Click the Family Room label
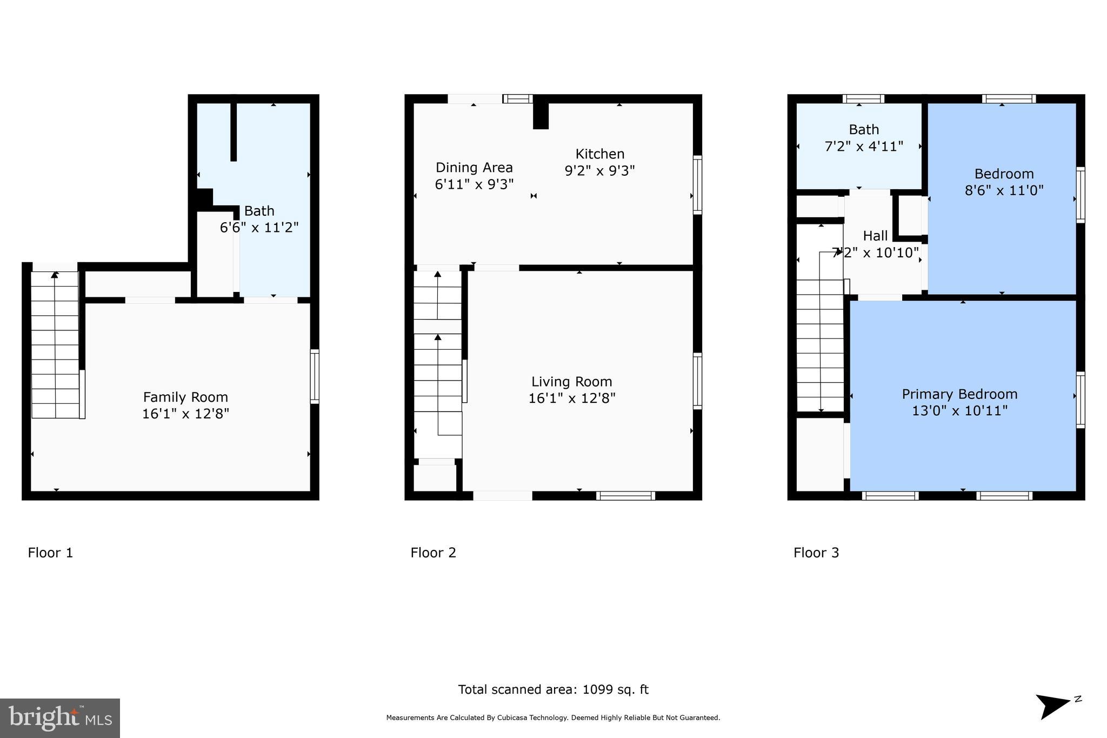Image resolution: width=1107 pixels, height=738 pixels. point(185,397)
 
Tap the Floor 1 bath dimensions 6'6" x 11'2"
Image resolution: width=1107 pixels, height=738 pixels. point(259,227)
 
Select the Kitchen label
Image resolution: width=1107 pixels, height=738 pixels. point(599,154)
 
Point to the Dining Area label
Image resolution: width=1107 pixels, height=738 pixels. point(474,168)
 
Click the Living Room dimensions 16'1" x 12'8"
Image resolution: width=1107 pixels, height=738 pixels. point(572,398)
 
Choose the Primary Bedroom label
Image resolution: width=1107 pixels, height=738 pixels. point(959,394)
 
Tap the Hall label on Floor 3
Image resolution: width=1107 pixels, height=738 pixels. point(875,236)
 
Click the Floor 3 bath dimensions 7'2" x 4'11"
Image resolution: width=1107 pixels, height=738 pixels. point(864,146)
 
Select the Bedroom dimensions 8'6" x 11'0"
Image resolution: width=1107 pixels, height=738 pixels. point(1004,190)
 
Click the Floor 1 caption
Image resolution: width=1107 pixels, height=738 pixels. point(50,553)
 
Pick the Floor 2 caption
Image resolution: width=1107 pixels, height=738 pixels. point(433,553)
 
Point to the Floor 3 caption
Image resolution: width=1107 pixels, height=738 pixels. point(816,553)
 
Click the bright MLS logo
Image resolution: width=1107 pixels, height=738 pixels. point(60,718)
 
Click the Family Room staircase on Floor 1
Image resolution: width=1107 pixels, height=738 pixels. point(55,344)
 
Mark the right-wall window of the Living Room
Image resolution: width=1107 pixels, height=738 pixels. point(698,381)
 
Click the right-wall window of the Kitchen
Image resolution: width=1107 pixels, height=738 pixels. point(698,184)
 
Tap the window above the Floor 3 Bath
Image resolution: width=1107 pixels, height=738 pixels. point(863,99)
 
